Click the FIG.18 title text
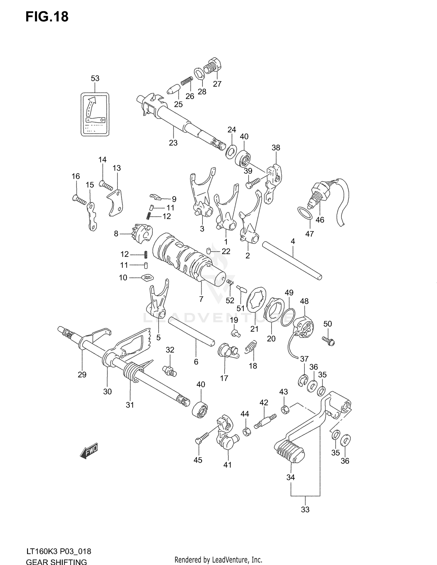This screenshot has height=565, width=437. (x=47, y=17)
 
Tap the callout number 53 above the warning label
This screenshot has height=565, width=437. (x=95, y=78)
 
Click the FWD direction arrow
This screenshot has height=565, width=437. (x=89, y=451)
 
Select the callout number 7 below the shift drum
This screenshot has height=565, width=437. (x=201, y=299)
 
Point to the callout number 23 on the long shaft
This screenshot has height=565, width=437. (x=173, y=143)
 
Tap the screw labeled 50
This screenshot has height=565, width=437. (x=329, y=340)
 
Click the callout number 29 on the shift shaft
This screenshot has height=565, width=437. (x=82, y=374)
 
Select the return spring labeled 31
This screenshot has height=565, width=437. (x=133, y=372)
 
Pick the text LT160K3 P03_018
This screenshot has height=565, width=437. (x=59, y=551)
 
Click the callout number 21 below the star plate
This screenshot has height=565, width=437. (x=254, y=329)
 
